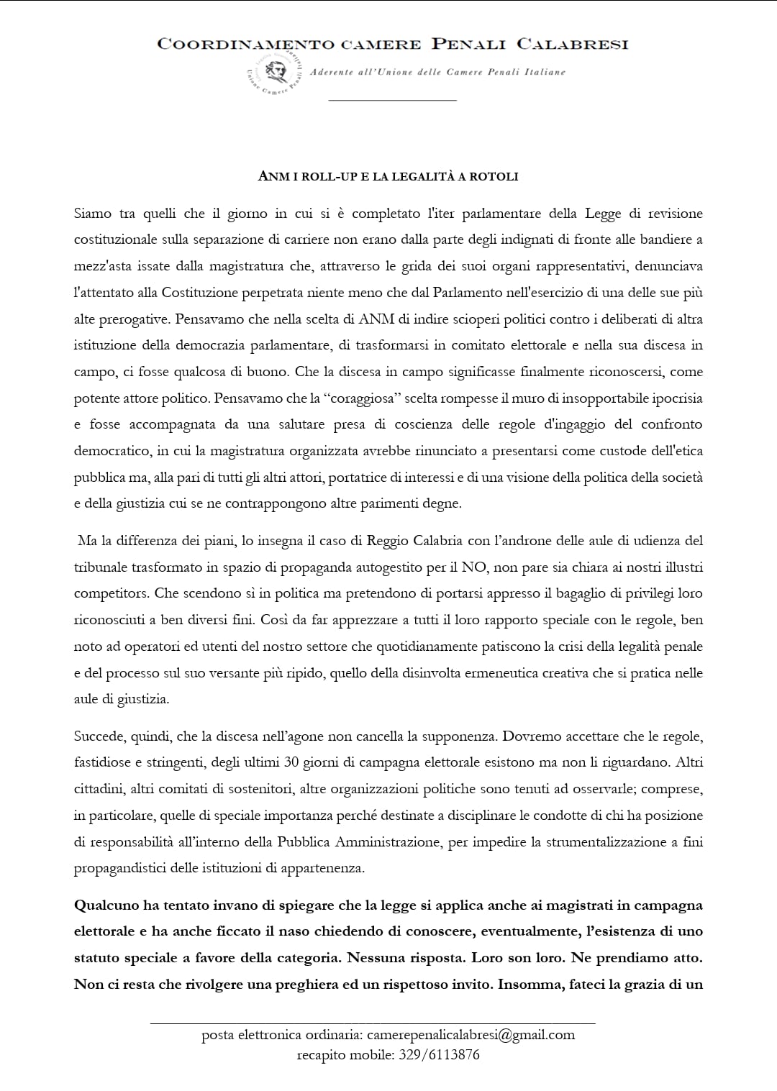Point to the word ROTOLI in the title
(494, 176)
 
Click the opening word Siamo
(93, 214)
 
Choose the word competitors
(111, 594)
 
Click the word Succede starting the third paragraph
(99, 736)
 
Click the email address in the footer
(471, 1036)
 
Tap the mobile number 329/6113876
(439, 1055)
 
